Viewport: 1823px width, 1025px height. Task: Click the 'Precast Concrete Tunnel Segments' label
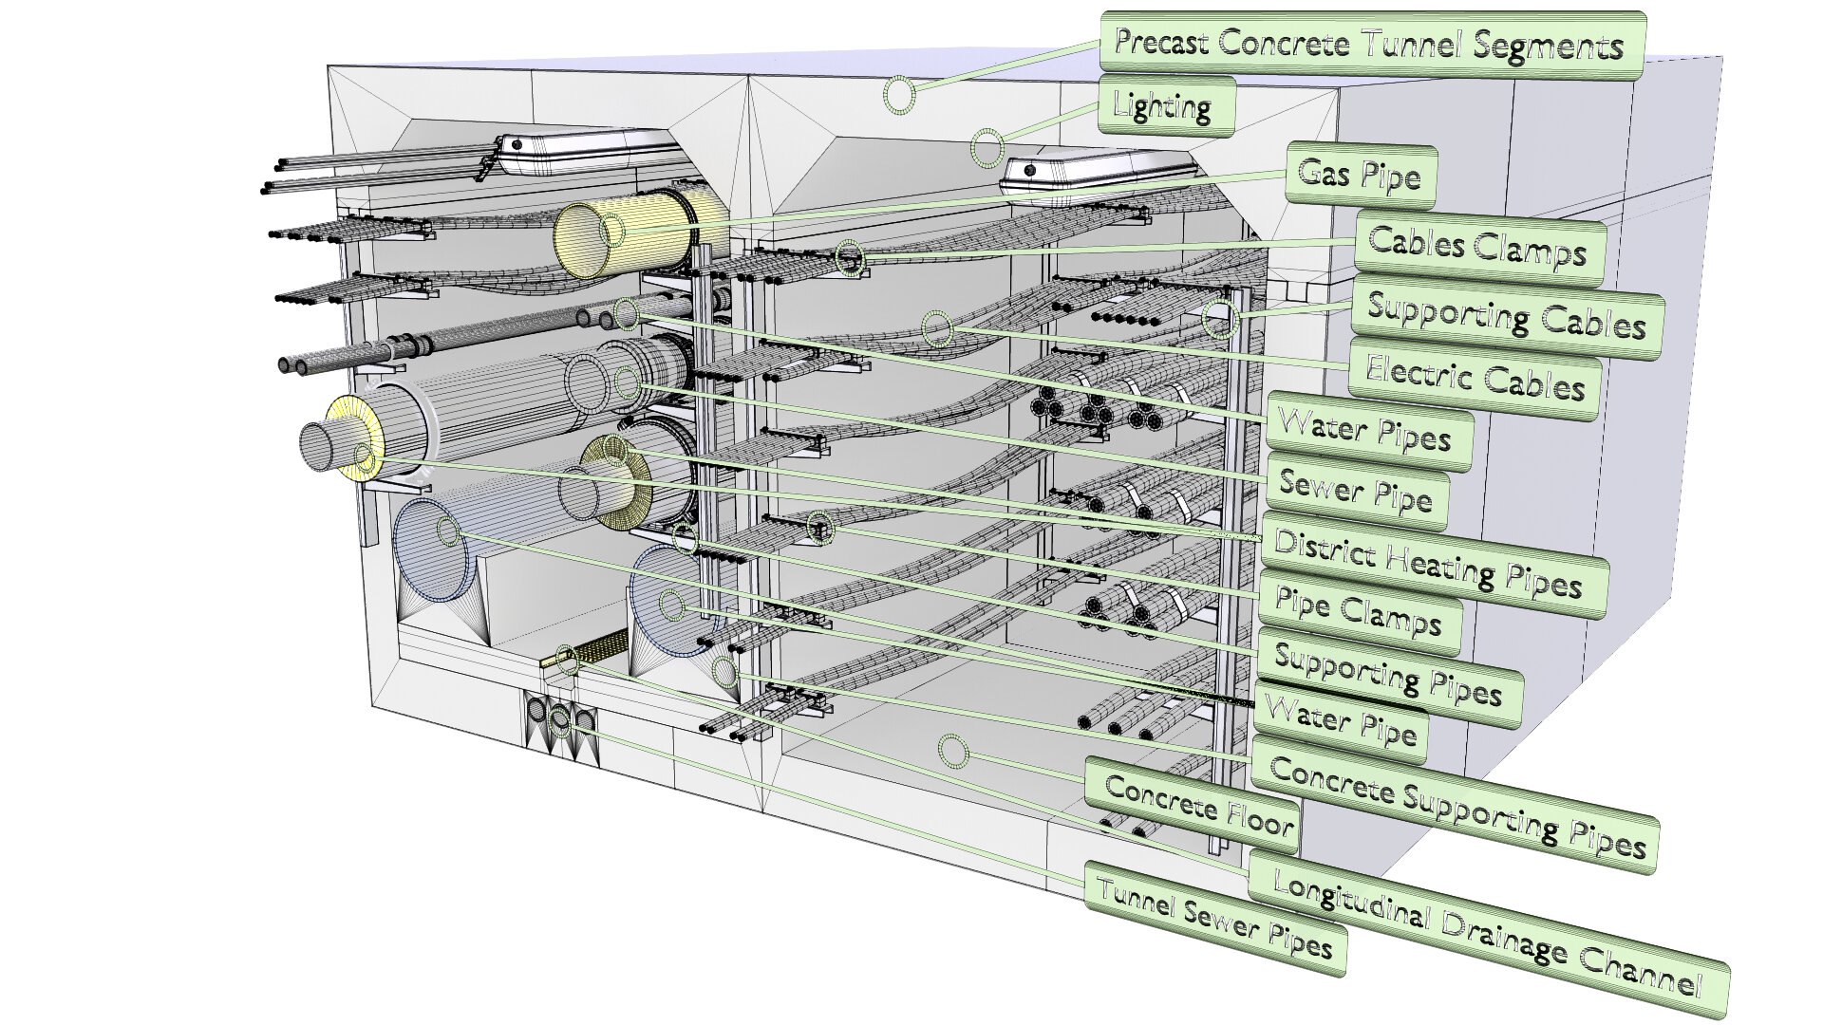pyautogui.click(x=1370, y=45)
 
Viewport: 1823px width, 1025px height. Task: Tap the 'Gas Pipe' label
pyautogui.click(x=1359, y=176)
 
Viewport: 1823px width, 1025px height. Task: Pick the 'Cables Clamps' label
pyautogui.click(x=1477, y=249)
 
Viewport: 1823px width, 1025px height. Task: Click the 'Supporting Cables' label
pyautogui.click(x=1505, y=317)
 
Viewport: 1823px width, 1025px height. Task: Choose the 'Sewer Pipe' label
pyautogui.click(x=1356, y=492)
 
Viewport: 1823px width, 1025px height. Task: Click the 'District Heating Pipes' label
pyautogui.click(x=1429, y=564)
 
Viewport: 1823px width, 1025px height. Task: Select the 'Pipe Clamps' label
pyautogui.click(x=1358, y=612)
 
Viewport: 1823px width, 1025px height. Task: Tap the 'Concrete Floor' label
pyautogui.click(x=1198, y=806)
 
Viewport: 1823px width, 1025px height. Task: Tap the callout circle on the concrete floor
pyautogui.click(x=951, y=753)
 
